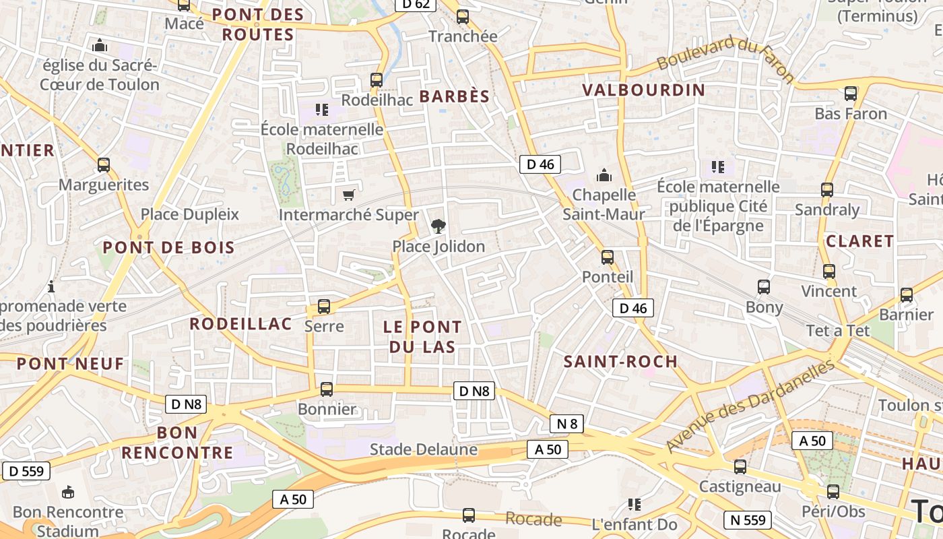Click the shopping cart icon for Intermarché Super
tap(348, 195)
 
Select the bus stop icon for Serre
tap(324, 307)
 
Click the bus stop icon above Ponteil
tap(608, 257)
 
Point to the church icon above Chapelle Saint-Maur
tap(604, 175)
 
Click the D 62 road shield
tap(416, 4)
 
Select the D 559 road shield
tap(26, 471)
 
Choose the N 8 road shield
tap(566, 424)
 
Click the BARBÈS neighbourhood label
tap(455, 96)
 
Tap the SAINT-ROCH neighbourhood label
tap(620, 361)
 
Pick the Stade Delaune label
tap(424, 449)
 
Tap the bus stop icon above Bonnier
tap(327, 389)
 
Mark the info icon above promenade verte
tap(51, 287)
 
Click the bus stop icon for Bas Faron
tap(851, 94)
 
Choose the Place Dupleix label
tap(189, 214)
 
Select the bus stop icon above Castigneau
tap(740, 466)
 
